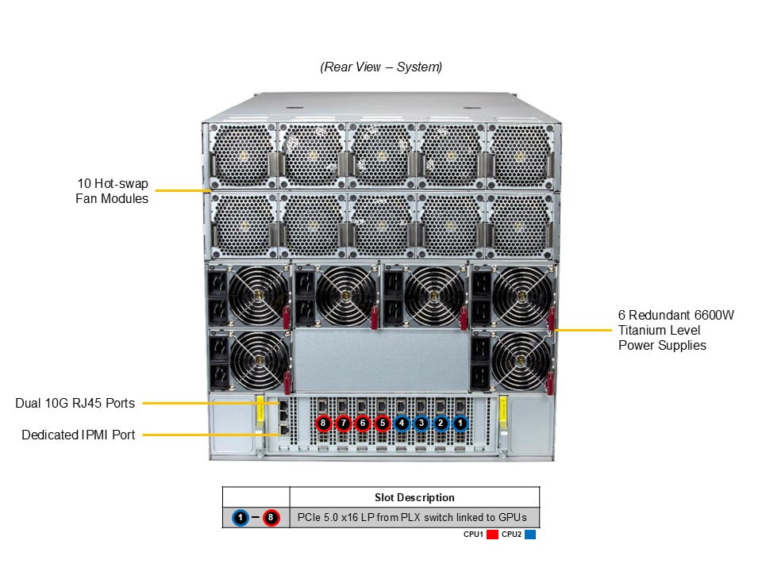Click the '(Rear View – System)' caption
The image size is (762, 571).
[x=381, y=67]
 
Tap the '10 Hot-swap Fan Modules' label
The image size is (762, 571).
[x=112, y=191]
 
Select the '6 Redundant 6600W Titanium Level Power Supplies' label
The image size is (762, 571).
[x=675, y=329]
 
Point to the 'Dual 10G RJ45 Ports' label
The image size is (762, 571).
[x=75, y=403]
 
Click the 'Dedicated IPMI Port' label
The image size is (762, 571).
[x=78, y=435]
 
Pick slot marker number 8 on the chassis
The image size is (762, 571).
[x=323, y=423]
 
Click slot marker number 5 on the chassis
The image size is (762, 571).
[x=382, y=423]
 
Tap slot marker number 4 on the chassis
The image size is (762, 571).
[x=402, y=423]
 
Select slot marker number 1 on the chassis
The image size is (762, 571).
[x=460, y=423]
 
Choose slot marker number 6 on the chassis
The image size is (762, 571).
[x=362, y=423]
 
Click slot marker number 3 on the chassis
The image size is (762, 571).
[x=421, y=423]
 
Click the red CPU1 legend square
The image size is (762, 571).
[x=492, y=535]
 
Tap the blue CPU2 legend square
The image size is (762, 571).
[x=530, y=535]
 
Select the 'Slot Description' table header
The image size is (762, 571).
[x=414, y=497]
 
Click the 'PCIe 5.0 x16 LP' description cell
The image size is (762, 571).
[x=414, y=518]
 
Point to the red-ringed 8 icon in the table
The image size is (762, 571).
[x=272, y=518]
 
